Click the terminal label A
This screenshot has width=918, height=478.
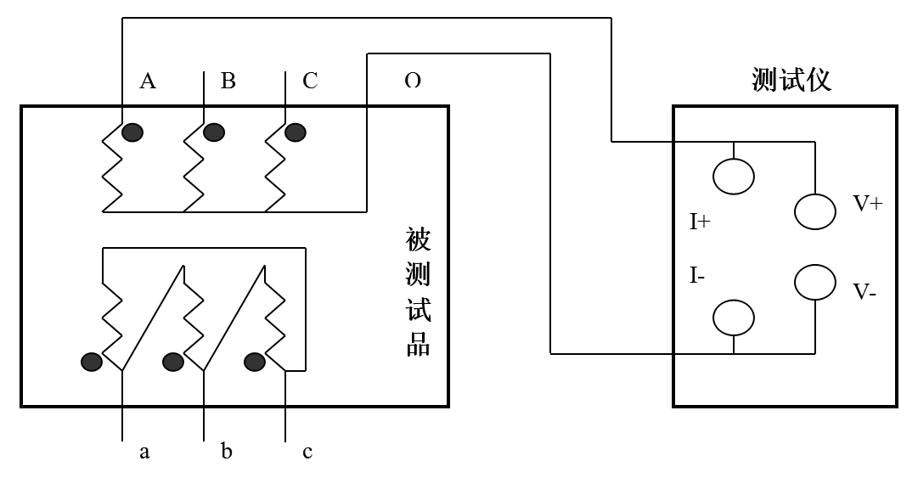point(148,81)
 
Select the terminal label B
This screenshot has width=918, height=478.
point(228,81)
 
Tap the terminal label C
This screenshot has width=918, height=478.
point(310,81)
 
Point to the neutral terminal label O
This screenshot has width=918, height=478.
point(412,81)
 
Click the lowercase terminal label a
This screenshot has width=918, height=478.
point(144,452)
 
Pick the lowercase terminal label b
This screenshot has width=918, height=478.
point(227,452)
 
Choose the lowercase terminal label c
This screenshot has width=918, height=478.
point(307,452)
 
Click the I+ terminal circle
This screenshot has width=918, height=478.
point(733,176)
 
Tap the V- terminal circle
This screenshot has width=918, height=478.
point(815,283)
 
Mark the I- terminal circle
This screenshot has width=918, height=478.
point(733,318)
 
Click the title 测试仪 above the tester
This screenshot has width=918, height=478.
point(791,80)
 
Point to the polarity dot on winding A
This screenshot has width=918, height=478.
point(132,132)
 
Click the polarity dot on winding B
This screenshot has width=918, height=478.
point(213,132)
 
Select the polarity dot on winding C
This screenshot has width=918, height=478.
point(295,132)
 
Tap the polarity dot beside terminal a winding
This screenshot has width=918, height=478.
point(91,363)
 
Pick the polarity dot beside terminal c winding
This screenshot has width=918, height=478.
point(255,363)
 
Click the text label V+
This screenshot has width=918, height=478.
point(868,204)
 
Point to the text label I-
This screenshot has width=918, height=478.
point(697,276)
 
